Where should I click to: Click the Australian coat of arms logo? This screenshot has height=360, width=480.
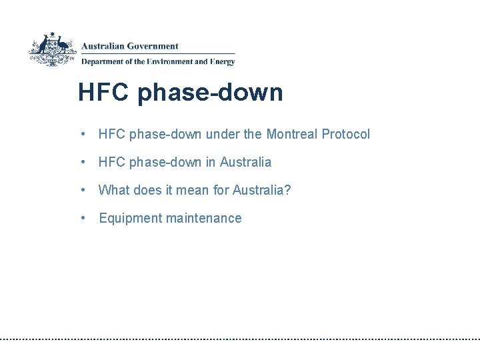52,49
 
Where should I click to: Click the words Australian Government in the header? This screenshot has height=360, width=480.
130,47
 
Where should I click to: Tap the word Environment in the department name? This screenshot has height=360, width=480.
169,62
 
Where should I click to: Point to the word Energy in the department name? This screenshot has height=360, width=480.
223,62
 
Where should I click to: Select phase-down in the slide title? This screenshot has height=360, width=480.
210,92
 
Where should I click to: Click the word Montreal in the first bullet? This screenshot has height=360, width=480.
292,134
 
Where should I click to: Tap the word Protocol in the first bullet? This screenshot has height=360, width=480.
345,134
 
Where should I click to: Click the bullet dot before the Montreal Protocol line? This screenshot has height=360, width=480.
81,134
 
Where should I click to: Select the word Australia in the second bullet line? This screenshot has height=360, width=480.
245,162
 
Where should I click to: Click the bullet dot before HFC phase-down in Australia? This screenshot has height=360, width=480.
81,162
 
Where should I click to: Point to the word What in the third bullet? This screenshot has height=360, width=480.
113,190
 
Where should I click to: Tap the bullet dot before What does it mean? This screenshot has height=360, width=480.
81,190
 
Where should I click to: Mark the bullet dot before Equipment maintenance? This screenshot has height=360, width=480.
81,218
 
